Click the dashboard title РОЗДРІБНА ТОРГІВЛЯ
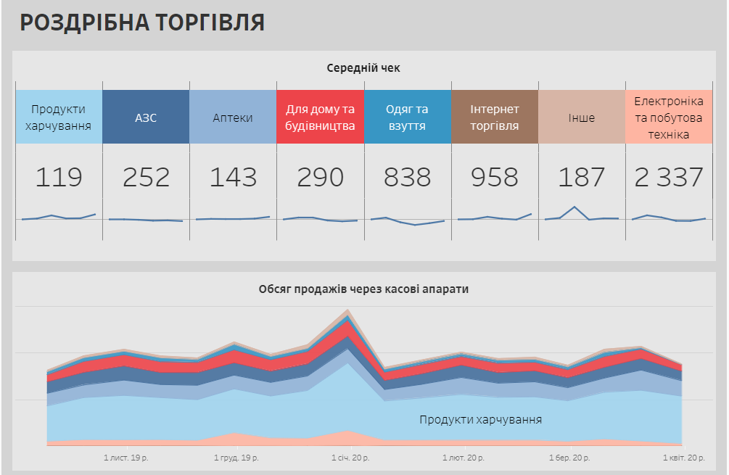pos(142,22)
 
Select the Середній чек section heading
pos(363,68)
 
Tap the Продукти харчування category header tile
pos(59,117)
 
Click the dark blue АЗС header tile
pos(146,117)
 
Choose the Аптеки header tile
pos(233,117)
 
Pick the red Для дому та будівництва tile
pos(320,117)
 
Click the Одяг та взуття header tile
pos(407,117)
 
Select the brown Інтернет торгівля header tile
pos(495,117)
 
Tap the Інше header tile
pos(581,117)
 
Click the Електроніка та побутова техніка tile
pos(668,117)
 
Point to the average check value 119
pos(59,177)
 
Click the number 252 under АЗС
pos(146,177)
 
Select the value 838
pos(407,177)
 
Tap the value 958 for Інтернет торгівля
pos(495,177)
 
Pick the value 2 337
pos(668,177)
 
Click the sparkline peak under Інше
pos(574,207)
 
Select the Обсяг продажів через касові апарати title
pos(363,289)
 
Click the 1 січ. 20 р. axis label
pos(350,458)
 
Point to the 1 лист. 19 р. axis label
pos(126,458)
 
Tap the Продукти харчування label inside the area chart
pos(480,419)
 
